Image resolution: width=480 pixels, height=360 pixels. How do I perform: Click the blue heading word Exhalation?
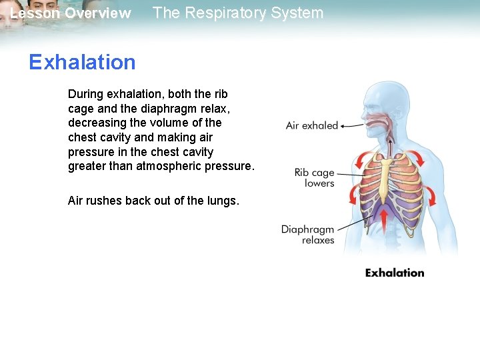click(82, 63)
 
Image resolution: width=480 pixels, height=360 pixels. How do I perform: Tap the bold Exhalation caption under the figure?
click(395, 273)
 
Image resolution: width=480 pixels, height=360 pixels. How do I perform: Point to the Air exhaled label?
click(311, 125)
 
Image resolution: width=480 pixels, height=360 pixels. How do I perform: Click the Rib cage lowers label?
click(314, 178)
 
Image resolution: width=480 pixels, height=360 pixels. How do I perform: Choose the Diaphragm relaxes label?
click(307, 235)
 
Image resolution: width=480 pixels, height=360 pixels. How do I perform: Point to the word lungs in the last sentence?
click(221, 201)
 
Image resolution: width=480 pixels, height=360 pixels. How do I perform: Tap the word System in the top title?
click(301, 13)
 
